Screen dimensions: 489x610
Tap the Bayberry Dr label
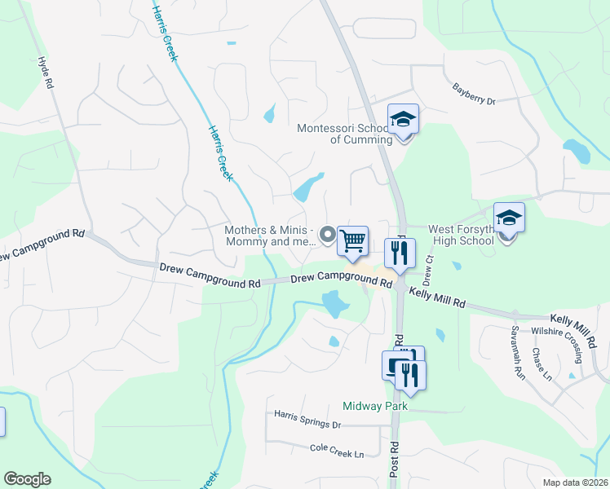474,95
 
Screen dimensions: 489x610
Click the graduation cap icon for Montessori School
402,121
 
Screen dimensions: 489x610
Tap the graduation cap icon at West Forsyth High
509,218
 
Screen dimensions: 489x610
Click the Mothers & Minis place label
270,236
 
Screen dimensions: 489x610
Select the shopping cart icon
352,241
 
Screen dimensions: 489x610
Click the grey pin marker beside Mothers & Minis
328,236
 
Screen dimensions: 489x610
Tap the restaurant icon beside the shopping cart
400,253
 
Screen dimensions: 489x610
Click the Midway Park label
368,406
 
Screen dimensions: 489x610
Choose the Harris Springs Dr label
307,424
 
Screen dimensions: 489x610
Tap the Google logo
28,479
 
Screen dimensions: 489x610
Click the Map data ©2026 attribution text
575,482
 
